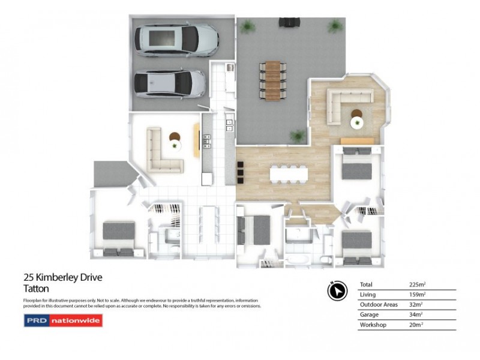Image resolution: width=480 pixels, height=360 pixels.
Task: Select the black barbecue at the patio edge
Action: point(288,22)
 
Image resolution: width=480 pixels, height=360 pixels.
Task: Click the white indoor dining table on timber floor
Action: point(289,173)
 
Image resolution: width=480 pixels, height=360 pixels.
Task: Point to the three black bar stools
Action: point(241,174)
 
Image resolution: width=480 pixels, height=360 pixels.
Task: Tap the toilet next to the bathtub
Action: point(323,259)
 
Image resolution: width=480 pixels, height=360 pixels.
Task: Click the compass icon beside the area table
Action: point(338,290)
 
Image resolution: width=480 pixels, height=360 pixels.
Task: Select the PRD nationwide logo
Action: point(62,320)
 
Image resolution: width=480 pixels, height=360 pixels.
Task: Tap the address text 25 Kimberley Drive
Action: point(62,278)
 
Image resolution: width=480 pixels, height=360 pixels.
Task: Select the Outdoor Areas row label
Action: point(379,305)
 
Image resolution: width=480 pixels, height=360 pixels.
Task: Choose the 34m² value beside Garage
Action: point(416,314)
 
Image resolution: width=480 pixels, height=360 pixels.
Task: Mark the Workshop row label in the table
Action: point(373,325)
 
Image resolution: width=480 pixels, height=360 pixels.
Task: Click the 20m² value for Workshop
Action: point(416,325)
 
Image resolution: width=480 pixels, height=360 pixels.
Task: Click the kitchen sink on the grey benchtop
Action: point(208,142)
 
